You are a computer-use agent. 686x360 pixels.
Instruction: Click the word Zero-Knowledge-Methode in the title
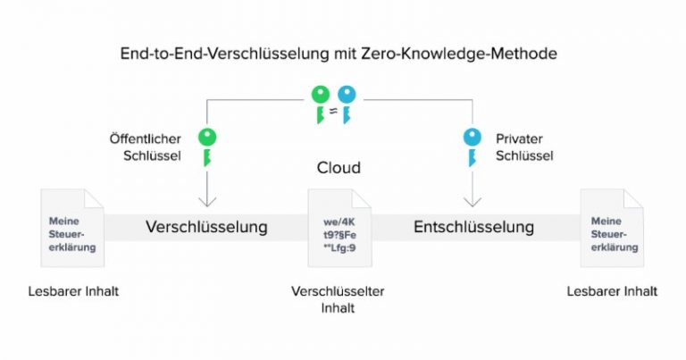point(459,54)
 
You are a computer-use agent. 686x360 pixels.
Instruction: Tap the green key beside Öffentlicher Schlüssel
point(207,147)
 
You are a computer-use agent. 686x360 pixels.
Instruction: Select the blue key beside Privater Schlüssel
point(472,147)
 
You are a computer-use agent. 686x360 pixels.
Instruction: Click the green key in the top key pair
point(321,105)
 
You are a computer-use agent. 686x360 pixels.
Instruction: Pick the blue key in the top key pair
point(347,105)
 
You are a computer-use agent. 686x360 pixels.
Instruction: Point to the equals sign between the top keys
point(333,111)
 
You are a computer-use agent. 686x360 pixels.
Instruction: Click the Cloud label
point(339,168)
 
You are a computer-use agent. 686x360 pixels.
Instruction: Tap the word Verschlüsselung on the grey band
point(206,227)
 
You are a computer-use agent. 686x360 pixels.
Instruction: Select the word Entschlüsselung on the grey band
point(473,227)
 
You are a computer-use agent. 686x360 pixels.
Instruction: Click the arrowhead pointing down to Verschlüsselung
point(207,201)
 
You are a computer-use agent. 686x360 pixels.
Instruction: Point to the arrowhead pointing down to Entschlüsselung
point(473,201)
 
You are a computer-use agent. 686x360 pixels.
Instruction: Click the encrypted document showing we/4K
point(340,228)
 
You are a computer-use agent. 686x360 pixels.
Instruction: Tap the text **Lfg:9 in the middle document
point(340,248)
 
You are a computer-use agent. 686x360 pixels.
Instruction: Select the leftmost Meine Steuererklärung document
point(72,228)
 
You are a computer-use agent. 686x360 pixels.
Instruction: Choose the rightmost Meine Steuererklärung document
point(612,228)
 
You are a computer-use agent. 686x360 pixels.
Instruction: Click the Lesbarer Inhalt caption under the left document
point(73,291)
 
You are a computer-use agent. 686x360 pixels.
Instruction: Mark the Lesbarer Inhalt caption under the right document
point(612,291)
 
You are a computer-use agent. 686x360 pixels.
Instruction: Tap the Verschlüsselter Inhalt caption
point(338,299)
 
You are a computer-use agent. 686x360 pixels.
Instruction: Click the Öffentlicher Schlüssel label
point(146,147)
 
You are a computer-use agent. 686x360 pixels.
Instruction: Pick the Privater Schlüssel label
point(524,147)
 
